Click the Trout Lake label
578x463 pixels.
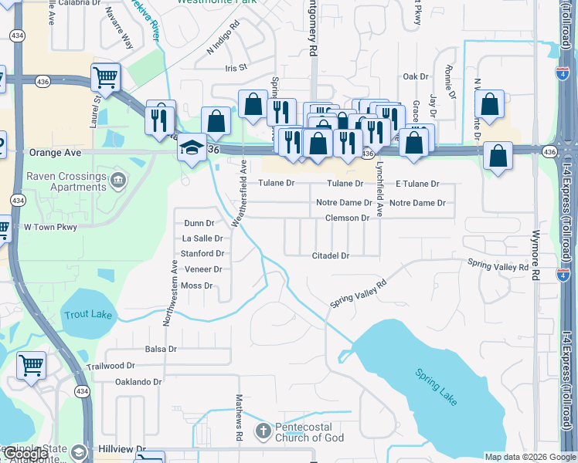[x=89, y=315]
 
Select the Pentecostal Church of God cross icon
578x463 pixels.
[x=263, y=430]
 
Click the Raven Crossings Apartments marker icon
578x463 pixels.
[x=117, y=181]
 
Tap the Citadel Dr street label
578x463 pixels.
[x=331, y=255]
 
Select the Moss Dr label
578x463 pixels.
[x=196, y=286]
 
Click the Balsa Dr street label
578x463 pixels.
[x=161, y=349]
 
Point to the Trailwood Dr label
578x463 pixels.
[x=110, y=367]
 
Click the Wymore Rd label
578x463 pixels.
[x=535, y=254]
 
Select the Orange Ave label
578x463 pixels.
[x=55, y=153]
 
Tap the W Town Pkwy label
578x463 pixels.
[x=50, y=227]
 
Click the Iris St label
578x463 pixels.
[x=236, y=68]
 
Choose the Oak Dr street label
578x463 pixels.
[x=416, y=76]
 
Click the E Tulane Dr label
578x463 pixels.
[x=417, y=184]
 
